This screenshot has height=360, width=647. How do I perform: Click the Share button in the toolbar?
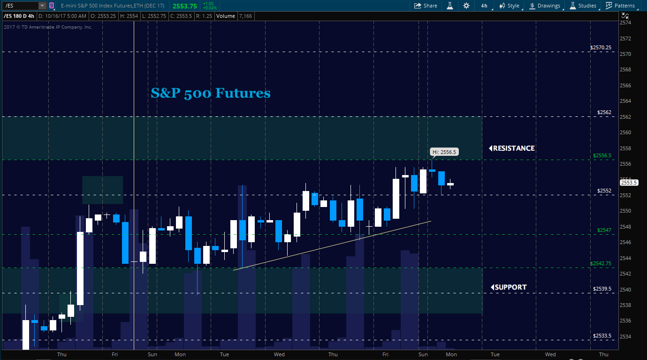tap(426, 6)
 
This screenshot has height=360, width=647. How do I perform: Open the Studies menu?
tap(583, 6)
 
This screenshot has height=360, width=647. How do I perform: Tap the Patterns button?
tap(620, 6)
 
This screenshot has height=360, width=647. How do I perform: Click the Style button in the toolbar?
tap(510, 6)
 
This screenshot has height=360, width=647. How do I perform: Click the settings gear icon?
tap(466, 6)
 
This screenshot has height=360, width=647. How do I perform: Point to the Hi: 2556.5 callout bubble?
tap(443, 152)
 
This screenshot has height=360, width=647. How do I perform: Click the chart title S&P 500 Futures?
tap(211, 93)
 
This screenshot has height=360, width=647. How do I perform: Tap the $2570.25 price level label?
tap(601, 47)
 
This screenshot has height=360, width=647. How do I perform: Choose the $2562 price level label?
tap(605, 112)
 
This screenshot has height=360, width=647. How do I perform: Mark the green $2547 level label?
tap(604, 230)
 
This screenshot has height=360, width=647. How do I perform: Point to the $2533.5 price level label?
tap(602, 336)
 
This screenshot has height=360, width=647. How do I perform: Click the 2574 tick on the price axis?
tap(625, 23)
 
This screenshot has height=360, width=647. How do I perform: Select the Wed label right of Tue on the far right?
tap(550, 354)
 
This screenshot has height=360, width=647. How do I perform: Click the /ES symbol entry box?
tap(22, 6)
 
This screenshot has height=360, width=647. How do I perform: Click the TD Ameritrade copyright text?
tap(48, 27)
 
